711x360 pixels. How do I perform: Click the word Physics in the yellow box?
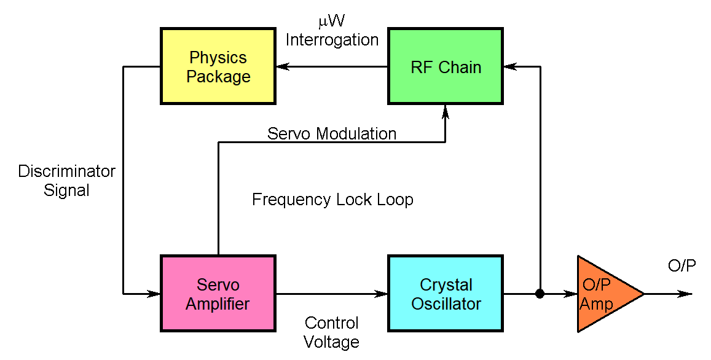tap(218, 58)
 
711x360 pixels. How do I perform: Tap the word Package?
tap(218, 77)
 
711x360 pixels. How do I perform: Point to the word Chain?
tap(460, 68)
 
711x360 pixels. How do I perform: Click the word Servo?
tap(218, 285)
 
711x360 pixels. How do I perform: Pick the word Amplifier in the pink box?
tap(218, 304)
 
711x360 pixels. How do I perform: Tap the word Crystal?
tap(446, 285)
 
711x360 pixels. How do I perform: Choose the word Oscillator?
tap(446, 304)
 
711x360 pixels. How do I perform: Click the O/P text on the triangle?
tap(596, 285)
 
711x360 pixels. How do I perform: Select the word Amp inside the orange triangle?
tap(596, 304)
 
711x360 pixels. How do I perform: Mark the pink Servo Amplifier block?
tap(218, 319)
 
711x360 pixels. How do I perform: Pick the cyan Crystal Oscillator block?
tap(446, 319)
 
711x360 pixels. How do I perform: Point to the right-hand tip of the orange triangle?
tap(642, 294)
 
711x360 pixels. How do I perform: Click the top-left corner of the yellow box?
tap(163, 31)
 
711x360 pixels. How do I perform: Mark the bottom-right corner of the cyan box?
tap(500, 328)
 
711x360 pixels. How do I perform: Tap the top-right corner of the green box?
tap(500, 31)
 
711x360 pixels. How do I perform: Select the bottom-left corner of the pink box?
tap(163, 328)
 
